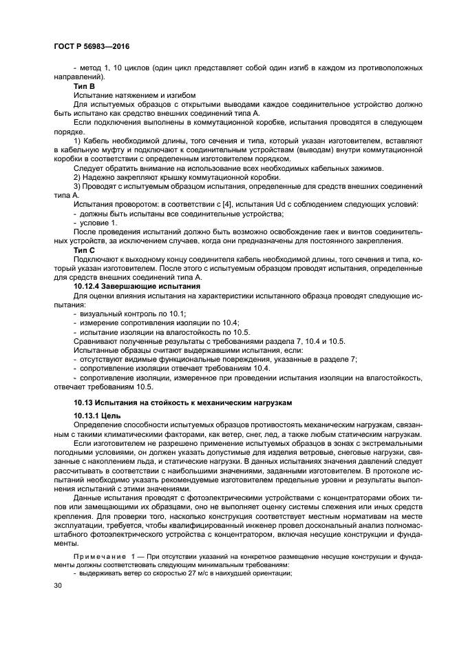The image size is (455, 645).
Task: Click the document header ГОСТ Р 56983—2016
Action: pyautogui.click(x=91, y=46)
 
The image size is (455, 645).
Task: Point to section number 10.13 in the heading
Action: pyautogui.click(x=85, y=402)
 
